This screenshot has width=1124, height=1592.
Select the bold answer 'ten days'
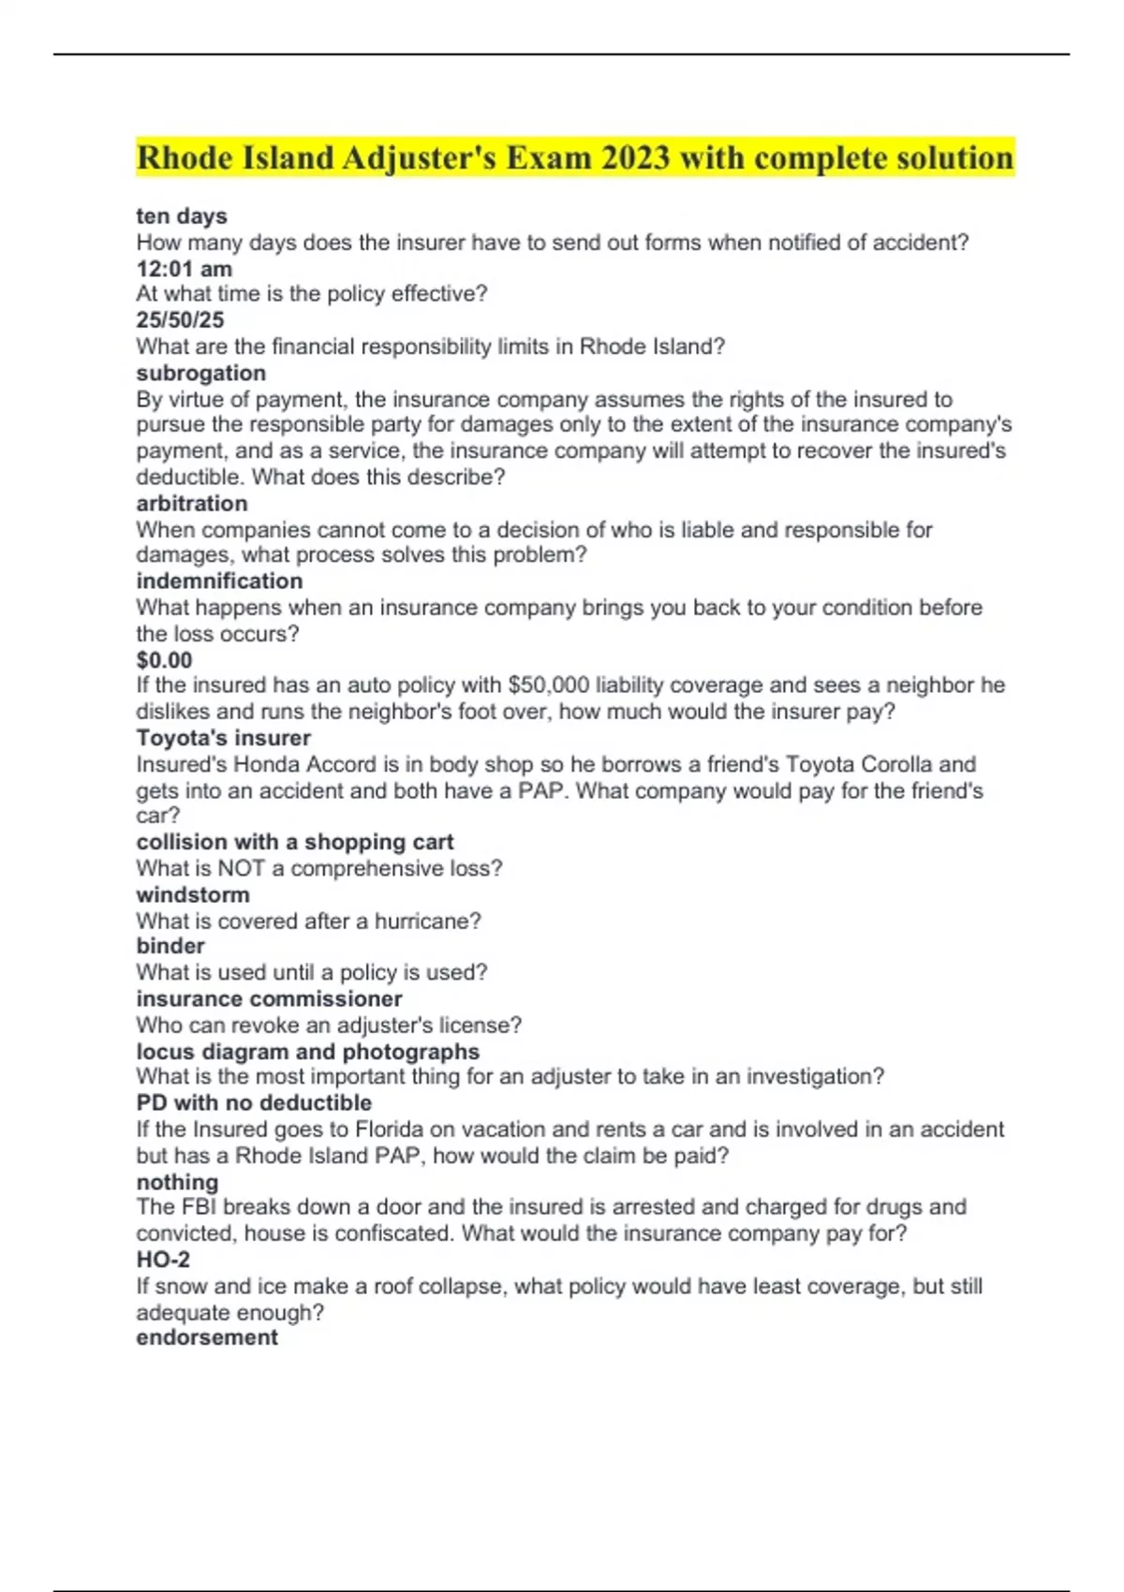(182, 216)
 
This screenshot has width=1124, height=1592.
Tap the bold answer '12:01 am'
(184, 269)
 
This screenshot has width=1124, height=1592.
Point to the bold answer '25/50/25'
(180, 320)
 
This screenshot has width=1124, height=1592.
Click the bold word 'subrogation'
(200, 373)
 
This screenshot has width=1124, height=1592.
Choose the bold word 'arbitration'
(192, 503)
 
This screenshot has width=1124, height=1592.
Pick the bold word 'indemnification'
(219, 581)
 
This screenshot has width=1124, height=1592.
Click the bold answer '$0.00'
(164, 659)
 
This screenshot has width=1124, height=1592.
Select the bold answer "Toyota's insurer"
(223, 738)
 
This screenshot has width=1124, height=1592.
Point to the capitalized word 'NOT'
(242, 868)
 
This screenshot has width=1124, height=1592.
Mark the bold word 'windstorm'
(193, 894)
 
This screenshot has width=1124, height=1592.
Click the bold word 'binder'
(170, 946)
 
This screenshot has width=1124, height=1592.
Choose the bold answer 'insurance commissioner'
(269, 998)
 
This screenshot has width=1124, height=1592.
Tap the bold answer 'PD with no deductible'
(254, 1102)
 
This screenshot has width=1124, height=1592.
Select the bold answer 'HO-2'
(163, 1260)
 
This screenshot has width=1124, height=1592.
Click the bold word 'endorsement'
(207, 1337)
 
